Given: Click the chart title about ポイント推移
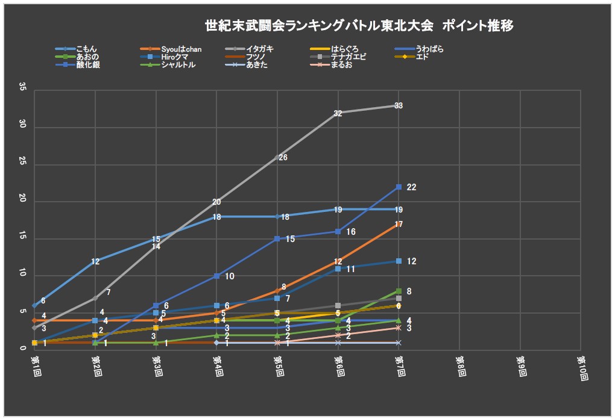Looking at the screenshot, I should (359, 26).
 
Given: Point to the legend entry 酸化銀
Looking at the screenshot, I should (87, 65).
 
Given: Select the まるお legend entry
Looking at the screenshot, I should (341, 65).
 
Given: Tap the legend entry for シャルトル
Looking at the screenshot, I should (178, 65).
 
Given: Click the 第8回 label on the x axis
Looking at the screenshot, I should (459, 365).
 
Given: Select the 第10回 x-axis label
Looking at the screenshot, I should (581, 367).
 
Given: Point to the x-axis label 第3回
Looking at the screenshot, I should (156, 365).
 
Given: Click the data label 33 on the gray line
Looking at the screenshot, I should (399, 106).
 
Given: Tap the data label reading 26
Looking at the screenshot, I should (283, 158).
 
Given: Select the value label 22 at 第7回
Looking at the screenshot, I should (411, 188).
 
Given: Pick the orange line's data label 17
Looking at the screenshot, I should (399, 225).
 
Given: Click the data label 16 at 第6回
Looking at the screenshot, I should (351, 232).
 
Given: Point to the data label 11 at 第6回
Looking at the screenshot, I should (350, 269).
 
